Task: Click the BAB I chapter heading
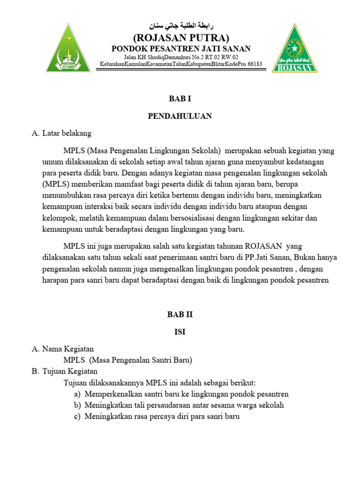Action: (180, 99)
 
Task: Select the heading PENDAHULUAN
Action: (180, 116)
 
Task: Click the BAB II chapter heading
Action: (180, 315)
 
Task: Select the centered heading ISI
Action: (180, 331)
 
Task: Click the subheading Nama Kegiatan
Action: (67, 349)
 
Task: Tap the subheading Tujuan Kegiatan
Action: (70, 371)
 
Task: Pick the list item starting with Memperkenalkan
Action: (187, 394)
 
